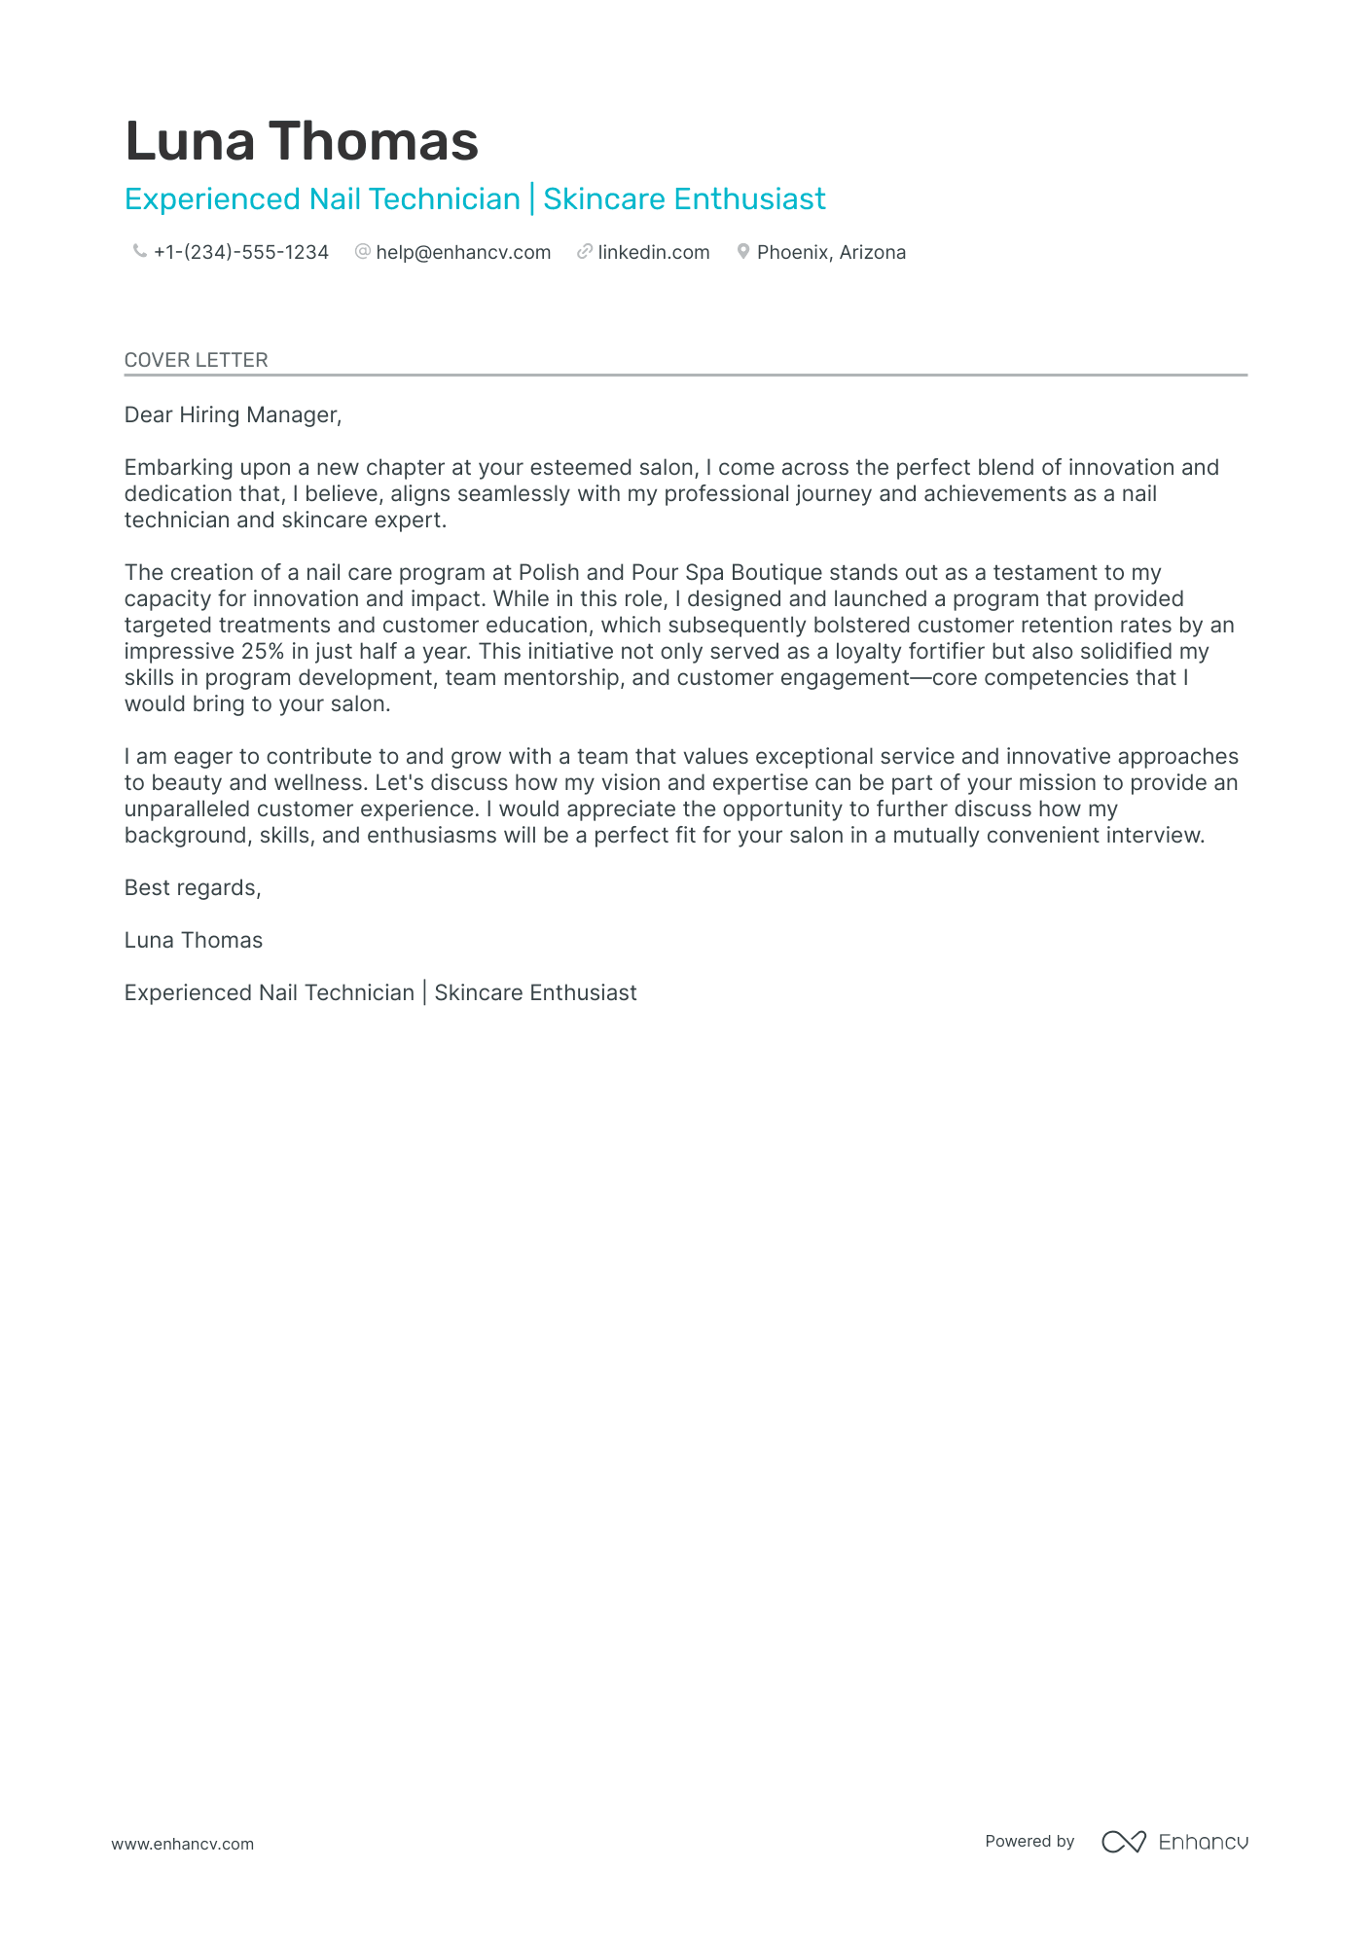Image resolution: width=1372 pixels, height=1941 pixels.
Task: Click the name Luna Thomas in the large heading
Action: point(302,141)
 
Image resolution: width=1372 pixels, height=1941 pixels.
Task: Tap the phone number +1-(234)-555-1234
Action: point(240,253)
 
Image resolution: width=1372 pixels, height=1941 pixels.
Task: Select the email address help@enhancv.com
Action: point(463,253)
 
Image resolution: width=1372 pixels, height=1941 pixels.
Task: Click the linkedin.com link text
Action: point(653,253)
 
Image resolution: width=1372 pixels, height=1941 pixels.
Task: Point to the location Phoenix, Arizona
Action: point(831,253)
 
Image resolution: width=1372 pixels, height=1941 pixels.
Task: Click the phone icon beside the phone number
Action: point(139,252)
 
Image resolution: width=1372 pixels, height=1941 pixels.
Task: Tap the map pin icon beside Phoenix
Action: point(743,252)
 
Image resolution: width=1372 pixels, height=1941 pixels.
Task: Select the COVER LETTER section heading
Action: point(196,360)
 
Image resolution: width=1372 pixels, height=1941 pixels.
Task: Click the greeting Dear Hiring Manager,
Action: point(233,415)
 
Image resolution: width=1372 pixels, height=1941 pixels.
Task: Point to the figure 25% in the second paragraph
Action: point(263,652)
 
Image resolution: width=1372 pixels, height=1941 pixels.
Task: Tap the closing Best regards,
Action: point(193,888)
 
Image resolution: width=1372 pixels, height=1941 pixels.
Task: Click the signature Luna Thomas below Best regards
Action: point(194,941)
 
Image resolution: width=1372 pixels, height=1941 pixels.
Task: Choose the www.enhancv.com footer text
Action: point(182,1844)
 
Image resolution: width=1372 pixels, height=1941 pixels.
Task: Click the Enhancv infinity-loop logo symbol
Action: point(1123,1842)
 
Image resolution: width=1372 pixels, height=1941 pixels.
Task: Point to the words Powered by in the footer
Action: point(1029,1842)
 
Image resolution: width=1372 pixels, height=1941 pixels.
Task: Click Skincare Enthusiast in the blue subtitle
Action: point(684,199)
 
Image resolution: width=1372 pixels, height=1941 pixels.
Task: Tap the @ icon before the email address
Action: point(363,252)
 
